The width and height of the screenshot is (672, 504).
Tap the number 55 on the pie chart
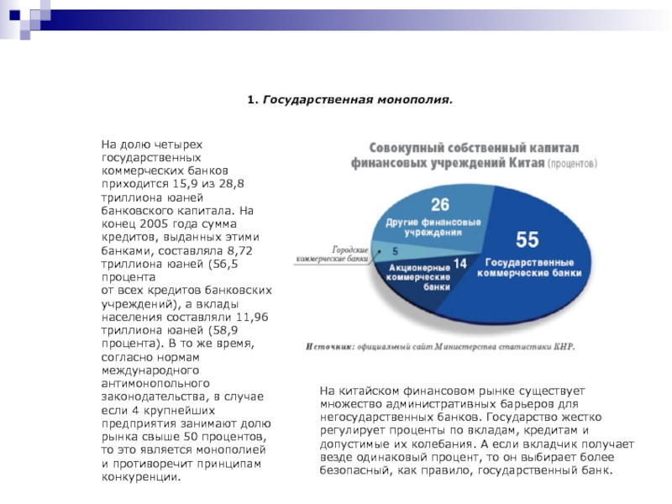[528, 240]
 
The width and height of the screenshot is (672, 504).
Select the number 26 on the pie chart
[439, 205]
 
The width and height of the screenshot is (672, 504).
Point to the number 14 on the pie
[459, 264]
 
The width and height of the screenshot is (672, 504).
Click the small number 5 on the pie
[395, 251]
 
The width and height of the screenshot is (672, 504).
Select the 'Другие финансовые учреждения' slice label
[433, 227]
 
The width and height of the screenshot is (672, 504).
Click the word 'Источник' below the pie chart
[328, 344]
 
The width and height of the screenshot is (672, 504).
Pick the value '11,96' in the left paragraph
[251, 319]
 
